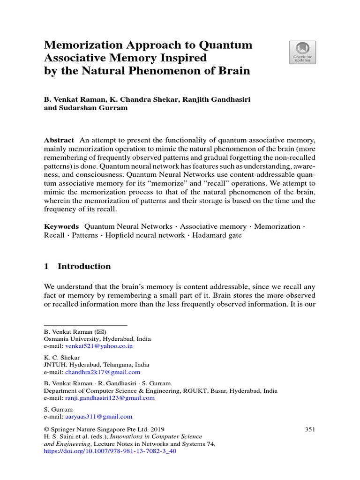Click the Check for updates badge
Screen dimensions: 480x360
[302, 52]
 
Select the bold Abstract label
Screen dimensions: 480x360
[59, 140]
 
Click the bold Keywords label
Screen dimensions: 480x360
[61, 226]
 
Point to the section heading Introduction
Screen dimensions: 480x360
[84, 266]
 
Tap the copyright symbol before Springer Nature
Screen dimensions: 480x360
[46, 429]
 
